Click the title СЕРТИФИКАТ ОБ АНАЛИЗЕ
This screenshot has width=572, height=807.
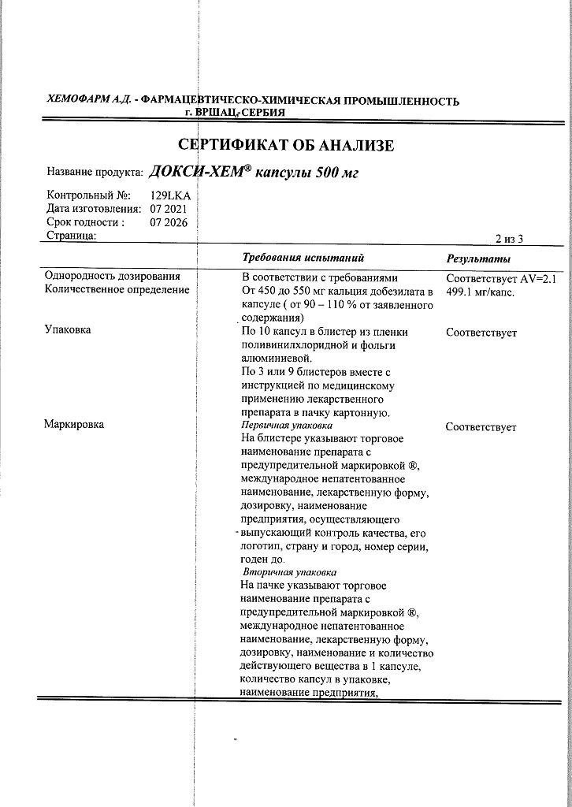pyautogui.click(x=286, y=145)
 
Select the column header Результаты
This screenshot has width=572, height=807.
pyautogui.click(x=478, y=259)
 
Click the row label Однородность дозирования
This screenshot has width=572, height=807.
pyautogui.click(x=113, y=277)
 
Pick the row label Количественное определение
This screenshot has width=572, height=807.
pyautogui.click(x=117, y=290)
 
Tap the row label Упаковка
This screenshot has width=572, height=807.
pyautogui.click(x=68, y=330)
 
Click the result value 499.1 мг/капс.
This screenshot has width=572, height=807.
pyautogui.click(x=480, y=292)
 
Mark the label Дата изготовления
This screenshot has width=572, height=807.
pyautogui.click(x=94, y=209)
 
